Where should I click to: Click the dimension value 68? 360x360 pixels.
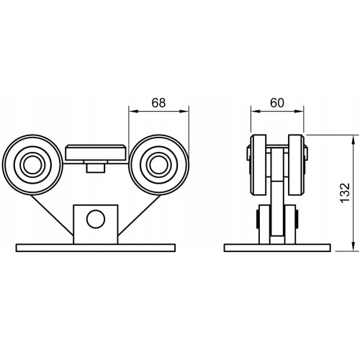[x=158, y=103]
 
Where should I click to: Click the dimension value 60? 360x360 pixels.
[x=277, y=103]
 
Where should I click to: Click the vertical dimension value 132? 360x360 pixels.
[x=346, y=193]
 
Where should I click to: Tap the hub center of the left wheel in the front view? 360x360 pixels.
[x=32, y=165]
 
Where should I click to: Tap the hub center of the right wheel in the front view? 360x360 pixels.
[x=158, y=165]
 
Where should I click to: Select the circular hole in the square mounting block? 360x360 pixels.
[x=96, y=219]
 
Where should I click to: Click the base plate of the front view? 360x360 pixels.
[x=96, y=248]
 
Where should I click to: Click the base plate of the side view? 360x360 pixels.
[x=277, y=248]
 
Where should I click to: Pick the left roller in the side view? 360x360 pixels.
[x=258, y=165]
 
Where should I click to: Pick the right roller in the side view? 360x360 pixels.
[x=297, y=165]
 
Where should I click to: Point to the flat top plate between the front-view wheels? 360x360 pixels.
[x=96, y=153]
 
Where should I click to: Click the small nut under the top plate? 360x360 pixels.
[x=96, y=167]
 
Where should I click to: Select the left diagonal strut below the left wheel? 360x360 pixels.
[x=52, y=215]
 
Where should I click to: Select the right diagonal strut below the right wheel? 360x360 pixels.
[x=139, y=215]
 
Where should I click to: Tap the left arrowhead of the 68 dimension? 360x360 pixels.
[x=132, y=112]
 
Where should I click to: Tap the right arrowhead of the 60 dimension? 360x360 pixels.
[x=300, y=112]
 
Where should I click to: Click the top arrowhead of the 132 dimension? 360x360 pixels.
[x=353, y=140]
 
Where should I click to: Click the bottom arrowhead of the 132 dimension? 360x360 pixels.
[x=353, y=246]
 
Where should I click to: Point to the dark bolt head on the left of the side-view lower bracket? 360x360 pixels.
[x=257, y=219]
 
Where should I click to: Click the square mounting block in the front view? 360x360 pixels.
[x=96, y=225]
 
